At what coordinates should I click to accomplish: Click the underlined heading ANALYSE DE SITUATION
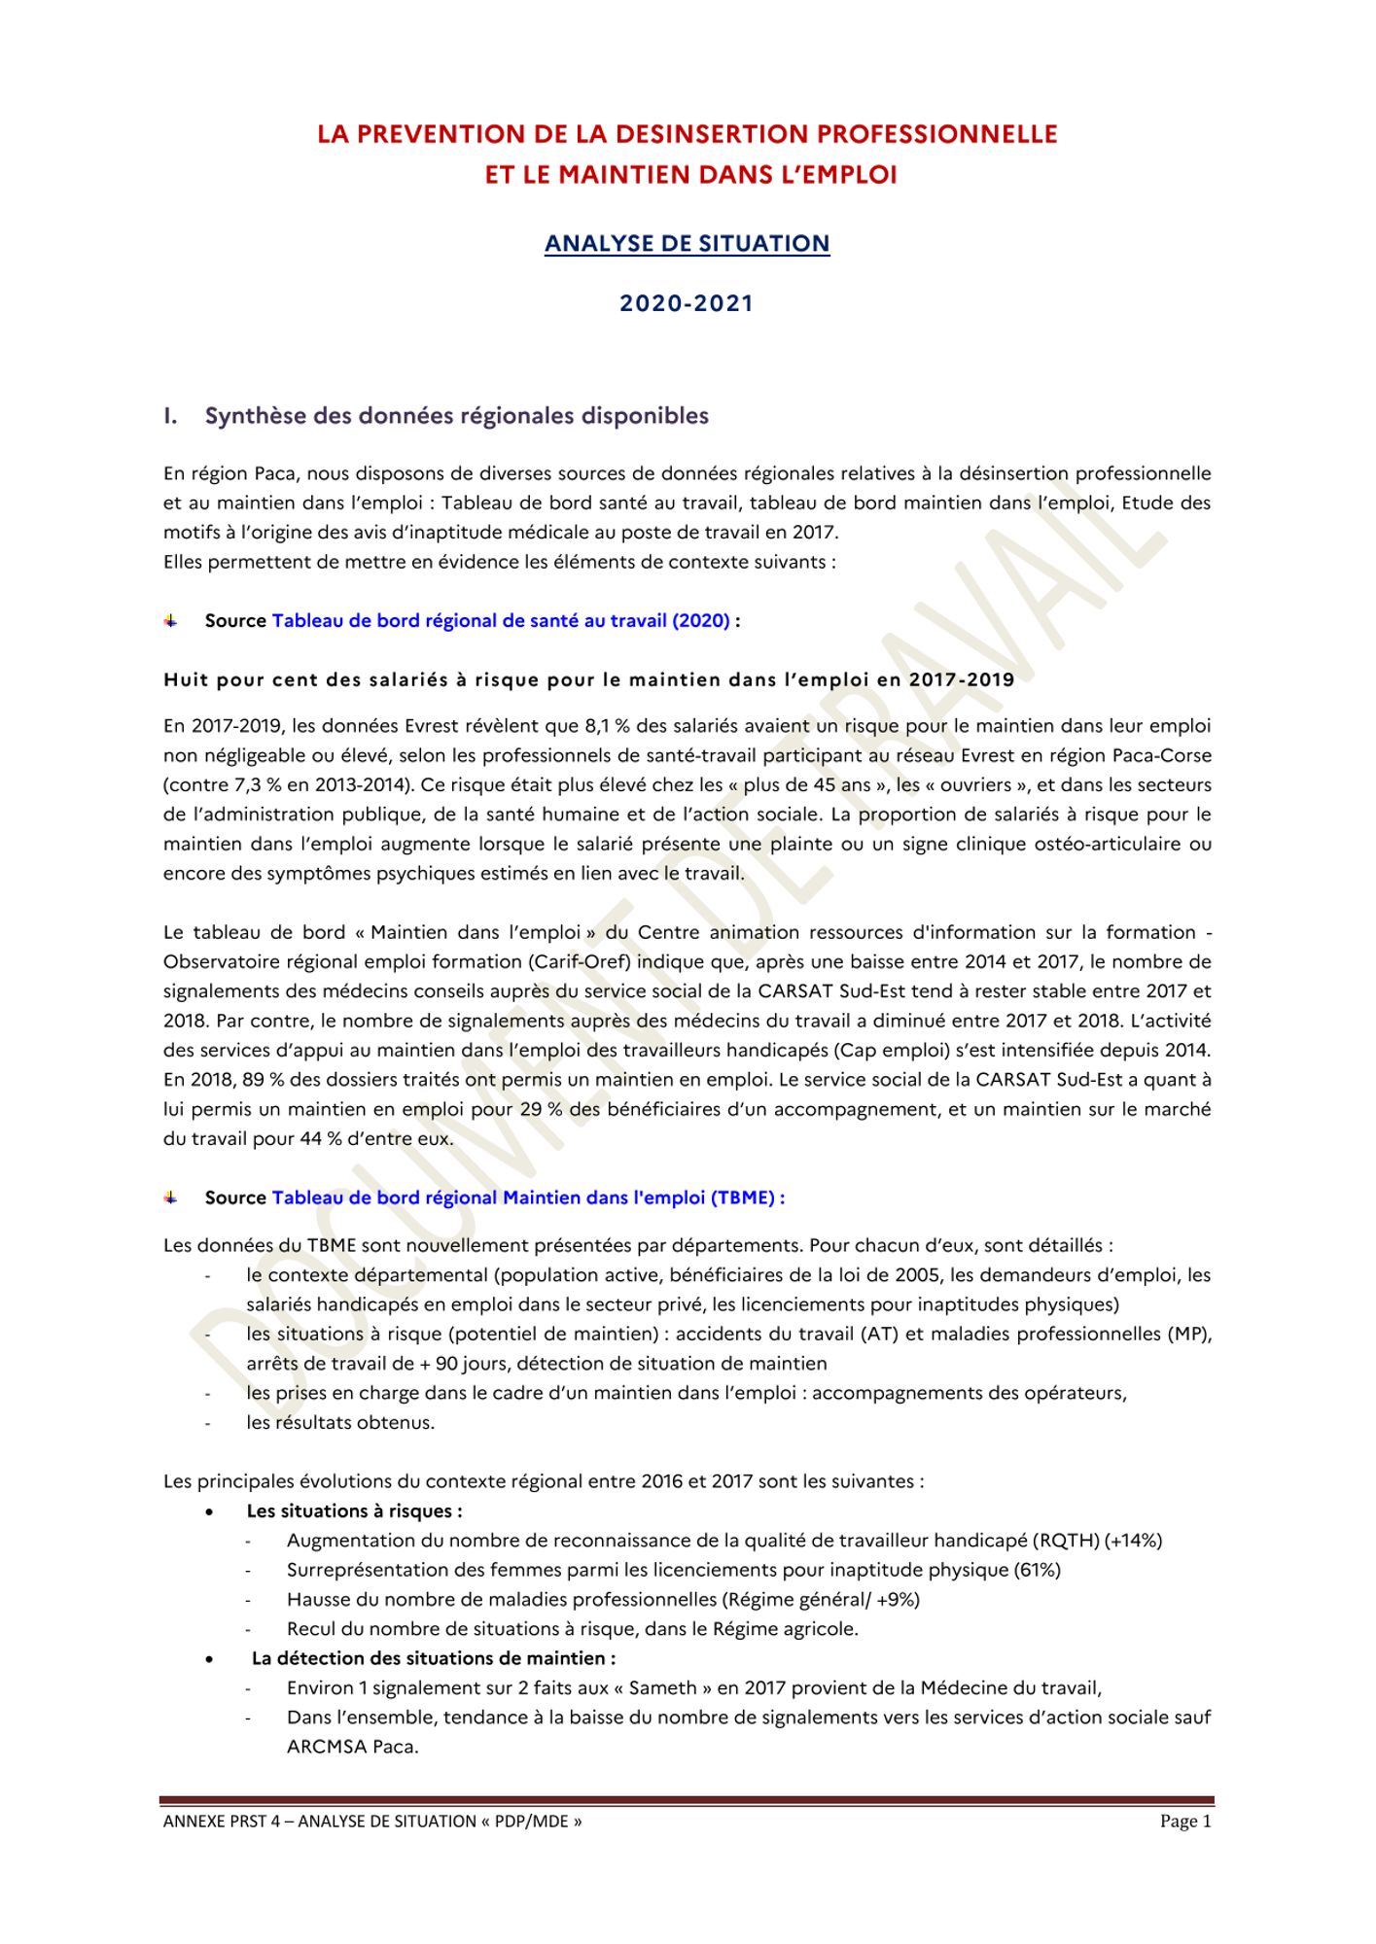tap(687, 243)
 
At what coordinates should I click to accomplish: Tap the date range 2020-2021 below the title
tap(687, 303)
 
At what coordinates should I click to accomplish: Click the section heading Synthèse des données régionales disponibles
tap(456, 416)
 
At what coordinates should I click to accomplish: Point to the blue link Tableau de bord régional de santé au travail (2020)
tap(501, 620)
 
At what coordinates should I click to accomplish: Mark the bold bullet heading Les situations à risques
tap(354, 1510)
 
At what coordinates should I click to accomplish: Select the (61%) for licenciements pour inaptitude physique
tap(1037, 1570)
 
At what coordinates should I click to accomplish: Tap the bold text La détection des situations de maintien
tap(433, 1658)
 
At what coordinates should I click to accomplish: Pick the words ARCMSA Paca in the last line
tap(352, 1747)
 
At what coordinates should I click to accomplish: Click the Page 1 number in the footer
tap(1185, 1821)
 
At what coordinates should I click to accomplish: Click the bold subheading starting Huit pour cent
tap(588, 679)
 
